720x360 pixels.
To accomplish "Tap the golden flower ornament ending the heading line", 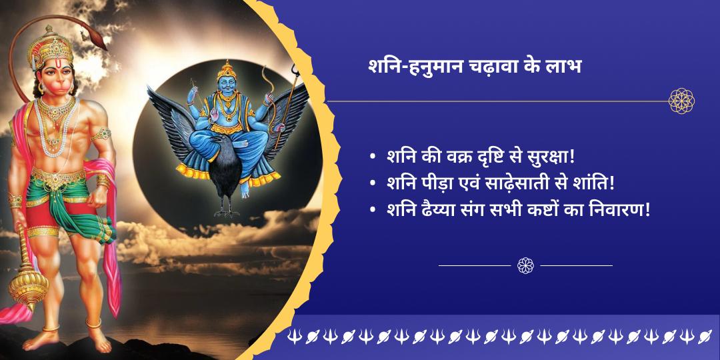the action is point(681,101).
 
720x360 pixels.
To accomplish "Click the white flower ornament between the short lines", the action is point(525,265).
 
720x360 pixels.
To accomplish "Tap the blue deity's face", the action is point(226,85).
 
